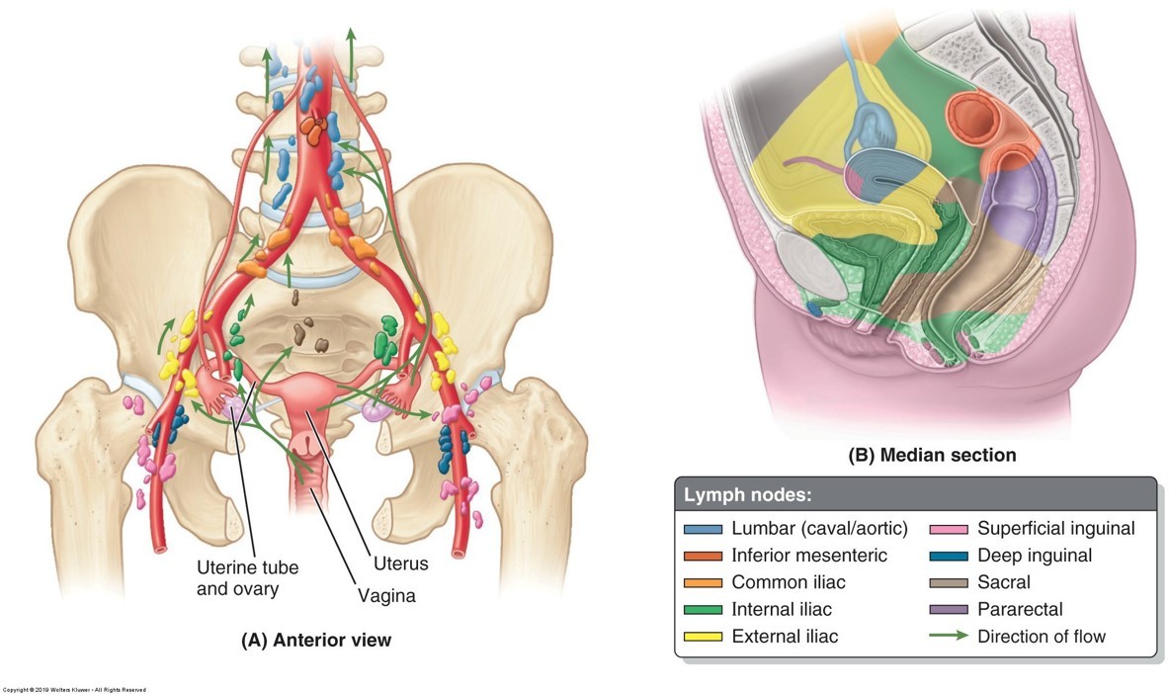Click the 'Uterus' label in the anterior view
click(401, 564)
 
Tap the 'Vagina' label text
click(386, 596)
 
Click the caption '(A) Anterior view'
click(316, 640)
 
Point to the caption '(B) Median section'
click(932, 456)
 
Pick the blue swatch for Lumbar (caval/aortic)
click(703, 529)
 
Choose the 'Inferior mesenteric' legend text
click(809, 556)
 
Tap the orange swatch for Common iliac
click(703, 582)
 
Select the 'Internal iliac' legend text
click(782, 609)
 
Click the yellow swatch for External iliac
click(703, 636)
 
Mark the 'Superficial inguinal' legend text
click(1056, 529)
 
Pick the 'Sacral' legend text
click(1004, 582)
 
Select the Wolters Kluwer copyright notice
click(74, 689)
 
